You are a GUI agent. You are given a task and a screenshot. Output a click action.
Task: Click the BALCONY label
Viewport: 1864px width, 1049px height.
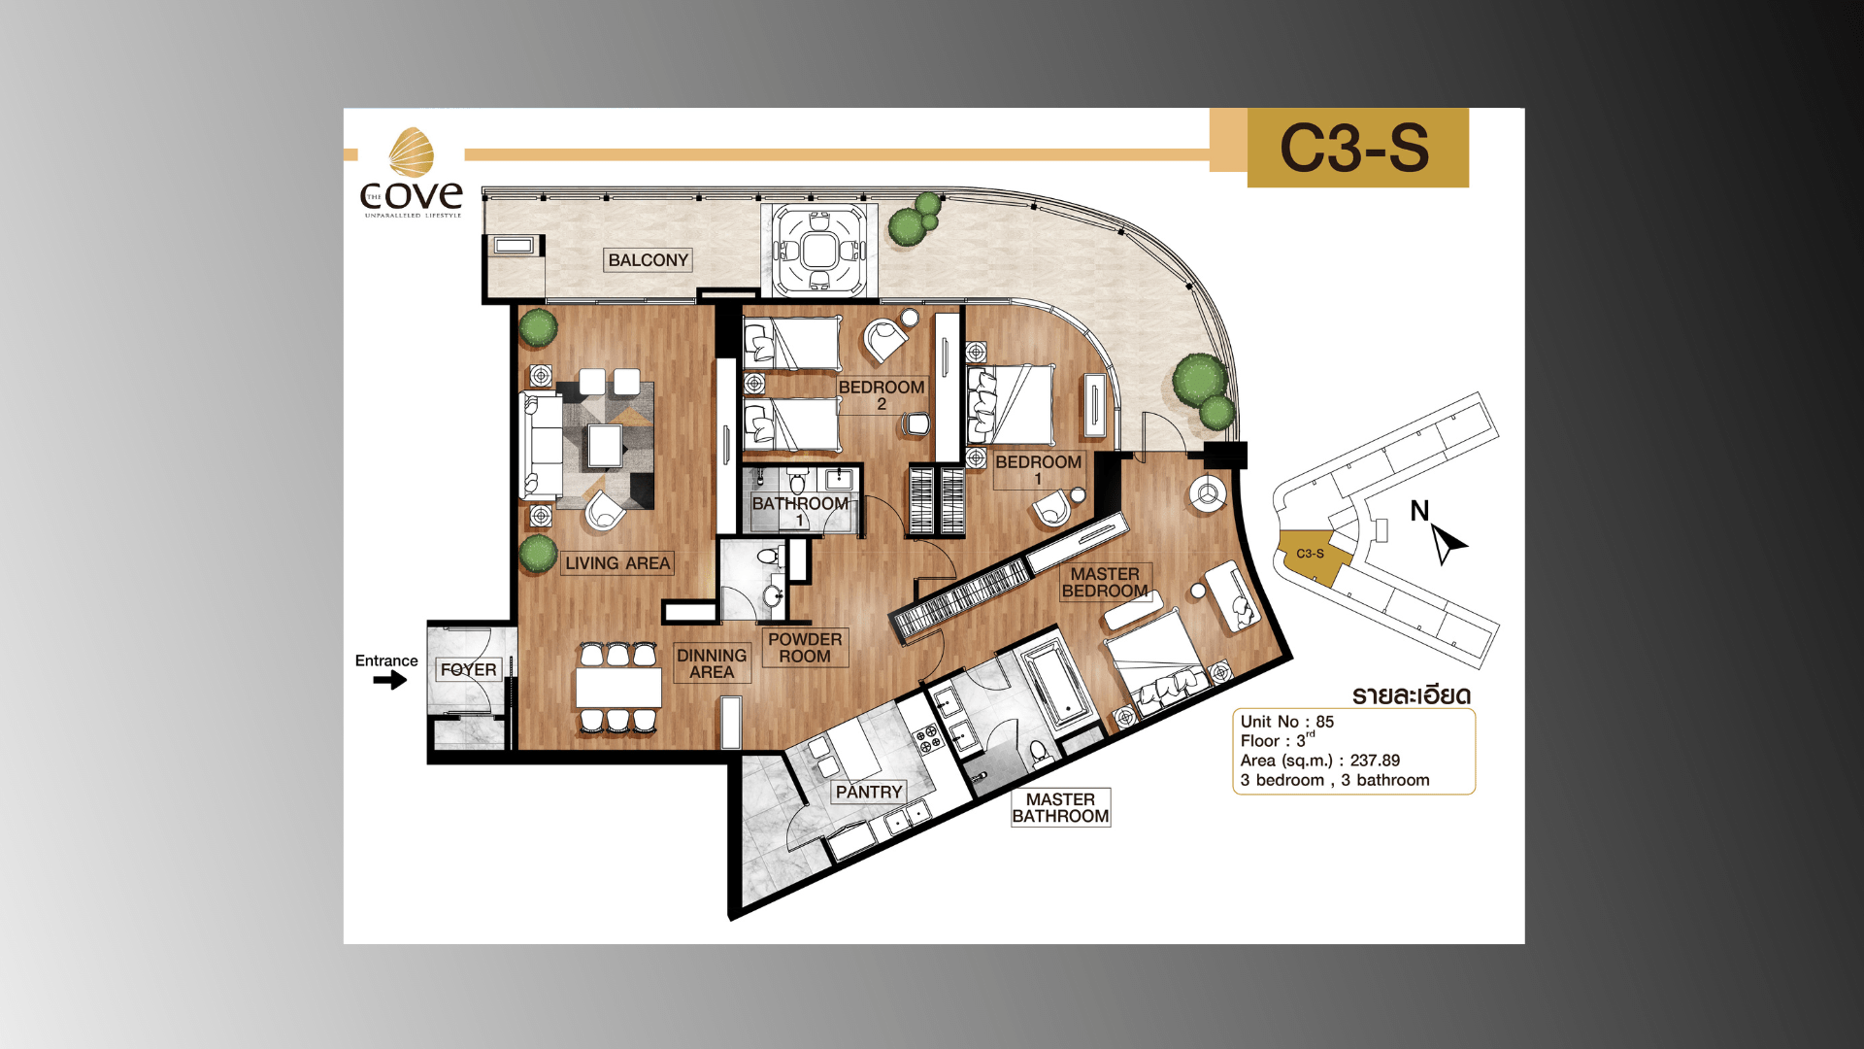tap(648, 260)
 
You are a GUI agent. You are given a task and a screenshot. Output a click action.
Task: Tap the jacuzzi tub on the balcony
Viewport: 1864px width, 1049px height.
tap(819, 251)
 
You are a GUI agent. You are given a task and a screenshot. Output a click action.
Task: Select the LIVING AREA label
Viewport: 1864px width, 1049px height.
tap(617, 563)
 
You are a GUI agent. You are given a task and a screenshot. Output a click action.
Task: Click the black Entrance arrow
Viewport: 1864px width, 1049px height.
tap(390, 680)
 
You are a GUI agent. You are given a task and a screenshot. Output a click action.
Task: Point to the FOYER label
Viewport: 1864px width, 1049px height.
tap(468, 670)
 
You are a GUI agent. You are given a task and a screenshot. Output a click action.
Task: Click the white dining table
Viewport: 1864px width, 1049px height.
tap(618, 687)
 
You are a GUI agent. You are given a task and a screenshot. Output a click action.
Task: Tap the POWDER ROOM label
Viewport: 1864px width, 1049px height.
tap(805, 648)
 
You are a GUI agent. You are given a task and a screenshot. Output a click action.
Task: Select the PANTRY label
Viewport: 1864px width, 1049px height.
tap(869, 793)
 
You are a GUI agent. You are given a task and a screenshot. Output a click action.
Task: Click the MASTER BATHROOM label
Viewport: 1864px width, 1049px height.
tap(1060, 808)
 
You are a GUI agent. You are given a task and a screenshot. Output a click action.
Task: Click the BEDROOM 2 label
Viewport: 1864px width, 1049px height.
tap(882, 394)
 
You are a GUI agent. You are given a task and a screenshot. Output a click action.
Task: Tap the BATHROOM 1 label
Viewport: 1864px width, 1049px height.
tap(800, 511)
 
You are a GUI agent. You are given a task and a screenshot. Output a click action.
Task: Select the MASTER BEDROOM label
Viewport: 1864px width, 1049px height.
tap(1105, 583)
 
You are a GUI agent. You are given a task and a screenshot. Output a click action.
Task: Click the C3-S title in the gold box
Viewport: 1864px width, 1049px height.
tap(1355, 149)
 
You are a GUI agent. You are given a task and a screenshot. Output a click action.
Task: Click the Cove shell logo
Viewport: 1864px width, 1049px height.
tap(412, 152)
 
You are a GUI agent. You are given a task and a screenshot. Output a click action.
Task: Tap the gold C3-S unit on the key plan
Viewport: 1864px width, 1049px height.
tap(1312, 555)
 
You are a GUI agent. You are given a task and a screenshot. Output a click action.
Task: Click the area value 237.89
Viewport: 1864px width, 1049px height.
tap(1375, 761)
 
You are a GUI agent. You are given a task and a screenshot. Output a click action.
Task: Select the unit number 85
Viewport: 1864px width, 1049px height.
tap(1325, 722)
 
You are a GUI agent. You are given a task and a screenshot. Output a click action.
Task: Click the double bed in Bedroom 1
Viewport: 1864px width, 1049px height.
tap(1014, 405)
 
